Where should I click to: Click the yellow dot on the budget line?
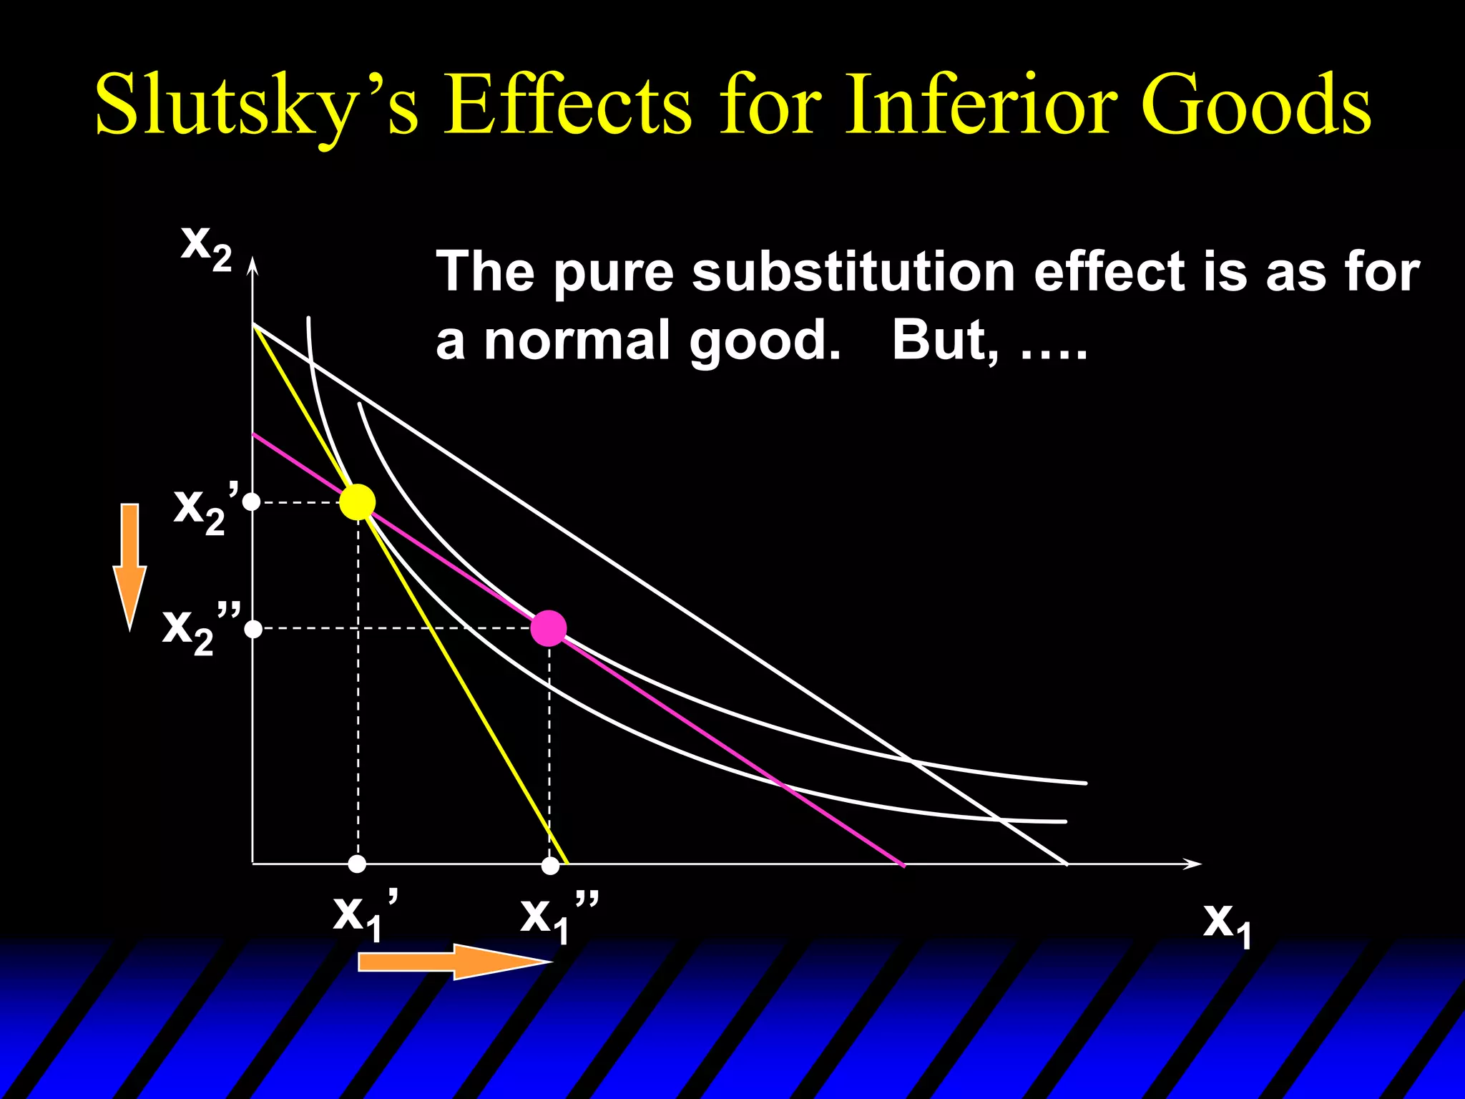click(x=357, y=502)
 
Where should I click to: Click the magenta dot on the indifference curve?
click(x=549, y=629)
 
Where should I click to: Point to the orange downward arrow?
click(x=129, y=565)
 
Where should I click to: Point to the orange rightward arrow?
click(x=454, y=961)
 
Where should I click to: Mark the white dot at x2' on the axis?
click(x=252, y=502)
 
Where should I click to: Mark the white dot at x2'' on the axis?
click(x=253, y=630)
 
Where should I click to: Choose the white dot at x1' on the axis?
click(x=357, y=864)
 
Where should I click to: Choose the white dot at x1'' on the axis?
click(x=550, y=866)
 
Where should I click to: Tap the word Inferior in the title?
click(x=980, y=104)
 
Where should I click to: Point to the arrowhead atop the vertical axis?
click(x=252, y=266)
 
